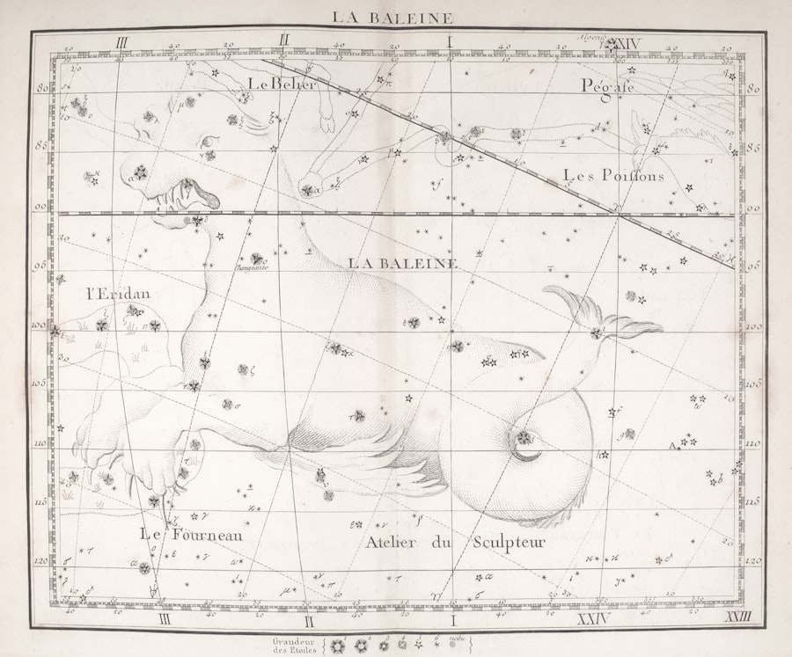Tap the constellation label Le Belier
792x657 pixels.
tap(282, 84)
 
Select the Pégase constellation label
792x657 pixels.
tap(607, 85)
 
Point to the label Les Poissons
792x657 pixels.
tap(613, 175)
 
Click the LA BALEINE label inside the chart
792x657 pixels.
tap(402, 262)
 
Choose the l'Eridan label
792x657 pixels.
tap(118, 293)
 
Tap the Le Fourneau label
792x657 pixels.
tap(191, 533)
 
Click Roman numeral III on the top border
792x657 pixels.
tap(121, 41)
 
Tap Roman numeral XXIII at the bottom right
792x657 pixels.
tap(737, 621)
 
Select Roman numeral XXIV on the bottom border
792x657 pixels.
tap(598, 621)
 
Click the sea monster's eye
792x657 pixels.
tap(209, 141)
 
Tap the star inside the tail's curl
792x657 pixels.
tap(524, 437)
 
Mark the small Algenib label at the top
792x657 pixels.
tap(592, 38)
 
